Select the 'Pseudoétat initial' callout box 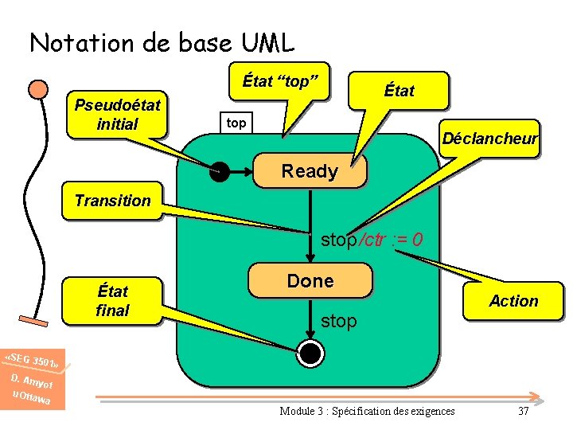(117, 115)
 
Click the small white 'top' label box (236, 123)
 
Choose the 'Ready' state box (310, 171)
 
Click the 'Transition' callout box (112, 201)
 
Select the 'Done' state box (310, 281)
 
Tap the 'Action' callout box (513, 301)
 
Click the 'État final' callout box (112, 301)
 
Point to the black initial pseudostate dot (219, 170)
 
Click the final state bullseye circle (311, 351)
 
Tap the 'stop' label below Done (338, 321)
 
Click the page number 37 (523, 411)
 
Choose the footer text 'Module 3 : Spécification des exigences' (368, 411)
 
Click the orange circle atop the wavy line (37, 88)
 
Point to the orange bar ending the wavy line (37, 322)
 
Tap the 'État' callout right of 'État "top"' (399, 91)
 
